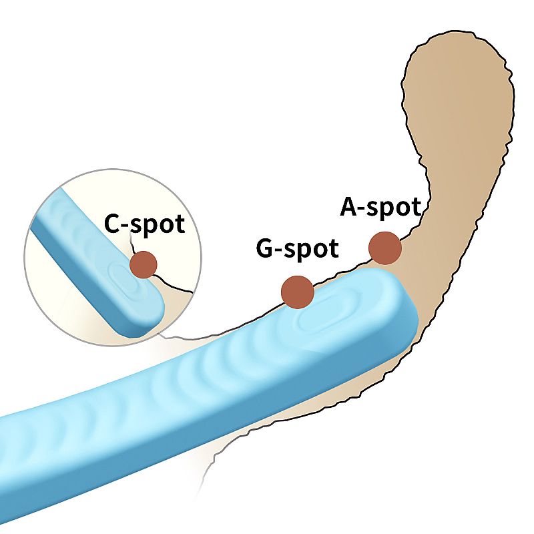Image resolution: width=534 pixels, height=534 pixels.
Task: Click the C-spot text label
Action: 144,224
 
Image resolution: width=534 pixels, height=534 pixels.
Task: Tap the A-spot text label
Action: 380,208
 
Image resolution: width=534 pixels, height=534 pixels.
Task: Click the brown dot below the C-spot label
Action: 143,264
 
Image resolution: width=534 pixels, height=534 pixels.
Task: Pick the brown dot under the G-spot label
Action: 298,292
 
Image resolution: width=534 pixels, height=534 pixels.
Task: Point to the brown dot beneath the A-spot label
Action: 385,248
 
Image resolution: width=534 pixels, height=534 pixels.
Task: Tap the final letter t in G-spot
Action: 333,250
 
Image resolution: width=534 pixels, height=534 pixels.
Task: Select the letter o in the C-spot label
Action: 164,226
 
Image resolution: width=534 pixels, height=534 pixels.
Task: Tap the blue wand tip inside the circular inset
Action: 137,300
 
